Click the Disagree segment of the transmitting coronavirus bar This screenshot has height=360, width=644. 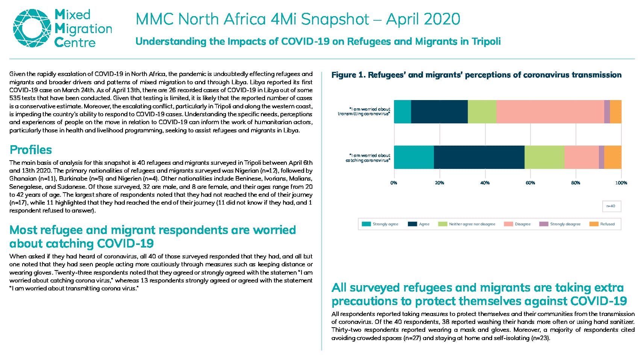(x=550, y=112)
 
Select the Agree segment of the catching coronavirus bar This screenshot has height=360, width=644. (x=479, y=157)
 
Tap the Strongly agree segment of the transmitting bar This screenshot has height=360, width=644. (x=403, y=112)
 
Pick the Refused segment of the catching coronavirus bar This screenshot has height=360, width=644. (x=613, y=157)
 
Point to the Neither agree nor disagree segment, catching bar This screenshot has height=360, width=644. (x=544, y=157)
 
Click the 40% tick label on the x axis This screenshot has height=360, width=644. (x=485, y=183)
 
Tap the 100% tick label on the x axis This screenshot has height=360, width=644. (x=621, y=183)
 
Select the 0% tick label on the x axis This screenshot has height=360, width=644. (x=394, y=183)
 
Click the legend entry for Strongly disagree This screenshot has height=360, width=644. (x=560, y=224)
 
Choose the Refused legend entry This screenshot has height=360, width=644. (x=602, y=224)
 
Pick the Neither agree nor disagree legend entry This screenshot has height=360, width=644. (x=467, y=224)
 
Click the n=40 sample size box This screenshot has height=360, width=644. (x=612, y=206)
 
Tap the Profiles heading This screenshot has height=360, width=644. (x=31, y=150)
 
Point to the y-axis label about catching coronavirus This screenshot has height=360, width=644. (x=368, y=158)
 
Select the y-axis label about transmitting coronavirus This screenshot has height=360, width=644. (x=364, y=111)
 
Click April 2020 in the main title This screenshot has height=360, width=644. (x=423, y=19)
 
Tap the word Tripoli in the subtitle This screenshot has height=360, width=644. (x=486, y=41)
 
